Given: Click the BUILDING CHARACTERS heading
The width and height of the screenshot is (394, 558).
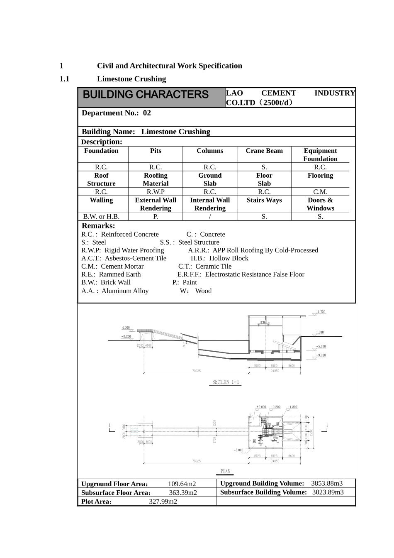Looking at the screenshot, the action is pos(146,95).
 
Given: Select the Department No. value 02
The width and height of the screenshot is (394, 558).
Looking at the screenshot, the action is pos(147,113).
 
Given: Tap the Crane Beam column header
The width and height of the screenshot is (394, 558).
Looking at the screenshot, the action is pos(264,151).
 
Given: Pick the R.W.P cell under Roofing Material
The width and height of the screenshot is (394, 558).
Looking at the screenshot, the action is pos(156,192).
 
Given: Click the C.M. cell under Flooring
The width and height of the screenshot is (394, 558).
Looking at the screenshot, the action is pos(320,192).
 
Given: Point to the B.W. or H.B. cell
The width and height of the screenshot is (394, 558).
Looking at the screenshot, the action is pos(101,216).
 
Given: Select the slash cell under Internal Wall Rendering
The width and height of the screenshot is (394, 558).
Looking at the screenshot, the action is pos(210,216).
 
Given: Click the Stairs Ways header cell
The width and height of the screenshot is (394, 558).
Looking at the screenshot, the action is pos(264,200).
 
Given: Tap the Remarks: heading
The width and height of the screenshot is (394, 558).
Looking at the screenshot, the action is pos(98,226).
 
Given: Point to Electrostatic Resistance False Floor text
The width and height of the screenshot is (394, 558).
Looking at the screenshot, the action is pos(255,274).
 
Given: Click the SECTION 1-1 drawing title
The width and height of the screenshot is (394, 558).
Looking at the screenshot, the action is pos(226,382).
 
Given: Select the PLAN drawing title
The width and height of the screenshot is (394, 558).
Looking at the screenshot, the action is pos(225,471).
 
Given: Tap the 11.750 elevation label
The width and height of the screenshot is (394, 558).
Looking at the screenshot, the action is pos(321,312).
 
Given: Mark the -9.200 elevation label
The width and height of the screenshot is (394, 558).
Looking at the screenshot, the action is pos(321,355).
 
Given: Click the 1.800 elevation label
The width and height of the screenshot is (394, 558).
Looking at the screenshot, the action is pos(320,333).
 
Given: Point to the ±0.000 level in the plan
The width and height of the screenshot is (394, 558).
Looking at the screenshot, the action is pos(261,407).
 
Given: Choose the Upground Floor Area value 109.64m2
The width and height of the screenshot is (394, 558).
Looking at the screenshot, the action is pos(182,484).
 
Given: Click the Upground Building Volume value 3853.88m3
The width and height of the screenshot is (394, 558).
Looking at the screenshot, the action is pos(327,483).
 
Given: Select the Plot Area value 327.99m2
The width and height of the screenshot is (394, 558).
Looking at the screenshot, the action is pos(163,502).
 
